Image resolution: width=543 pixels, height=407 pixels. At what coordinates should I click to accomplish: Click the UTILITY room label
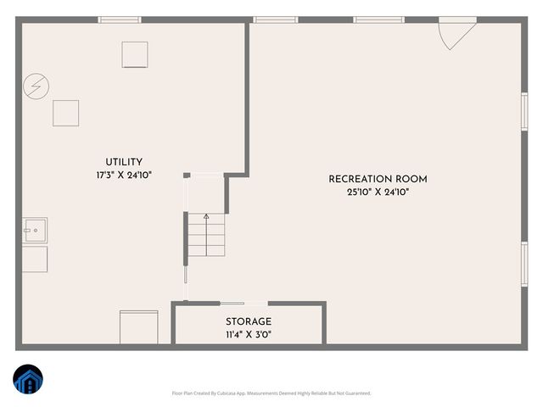(x=124, y=162)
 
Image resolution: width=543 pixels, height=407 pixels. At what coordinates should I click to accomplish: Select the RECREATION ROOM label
(x=378, y=179)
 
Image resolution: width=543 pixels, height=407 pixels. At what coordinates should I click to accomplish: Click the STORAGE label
(x=249, y=321)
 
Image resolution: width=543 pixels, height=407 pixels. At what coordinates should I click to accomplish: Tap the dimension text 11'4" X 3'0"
(x=249, y=334)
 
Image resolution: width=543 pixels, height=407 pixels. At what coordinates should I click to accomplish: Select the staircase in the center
(x=206, y=235)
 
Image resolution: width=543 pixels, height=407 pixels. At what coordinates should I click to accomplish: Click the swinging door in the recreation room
(x=453, y=34)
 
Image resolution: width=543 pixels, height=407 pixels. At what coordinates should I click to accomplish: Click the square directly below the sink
(x=35, y=259)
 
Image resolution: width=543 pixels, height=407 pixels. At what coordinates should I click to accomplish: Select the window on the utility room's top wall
(x=119, y=20)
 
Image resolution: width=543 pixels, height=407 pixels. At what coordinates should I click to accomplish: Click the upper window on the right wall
(x=523, y=111)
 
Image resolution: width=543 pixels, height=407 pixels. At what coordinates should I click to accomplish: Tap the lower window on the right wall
(x=523, y=263)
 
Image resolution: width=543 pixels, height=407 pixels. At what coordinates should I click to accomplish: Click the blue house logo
(x=27, y=381)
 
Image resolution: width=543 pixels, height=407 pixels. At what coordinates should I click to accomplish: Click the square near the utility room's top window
(x=135, y=54)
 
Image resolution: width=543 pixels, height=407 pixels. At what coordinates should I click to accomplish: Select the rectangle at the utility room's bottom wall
(x=138, y=327)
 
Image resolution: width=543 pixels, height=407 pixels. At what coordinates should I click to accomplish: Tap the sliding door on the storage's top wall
(x=232, y=303)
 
